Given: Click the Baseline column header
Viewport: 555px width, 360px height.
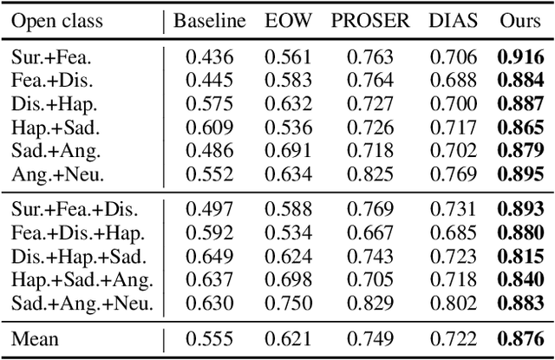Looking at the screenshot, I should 210,21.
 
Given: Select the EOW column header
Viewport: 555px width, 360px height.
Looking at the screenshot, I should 286,21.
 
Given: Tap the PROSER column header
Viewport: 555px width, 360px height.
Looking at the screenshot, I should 369,21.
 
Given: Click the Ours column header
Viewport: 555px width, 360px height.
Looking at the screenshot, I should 519,21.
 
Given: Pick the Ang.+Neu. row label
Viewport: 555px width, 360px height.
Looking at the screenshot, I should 57,174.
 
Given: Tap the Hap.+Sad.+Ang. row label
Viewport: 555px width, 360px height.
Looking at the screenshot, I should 82,280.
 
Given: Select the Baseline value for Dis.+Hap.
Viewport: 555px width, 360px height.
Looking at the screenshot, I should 210,104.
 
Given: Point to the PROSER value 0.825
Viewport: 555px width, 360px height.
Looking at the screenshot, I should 369,174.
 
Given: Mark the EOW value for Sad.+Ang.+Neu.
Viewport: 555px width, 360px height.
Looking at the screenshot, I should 286,304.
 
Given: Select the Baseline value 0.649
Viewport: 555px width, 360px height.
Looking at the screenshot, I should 210,257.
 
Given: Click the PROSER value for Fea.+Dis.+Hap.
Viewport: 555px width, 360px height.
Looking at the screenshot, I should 369,233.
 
